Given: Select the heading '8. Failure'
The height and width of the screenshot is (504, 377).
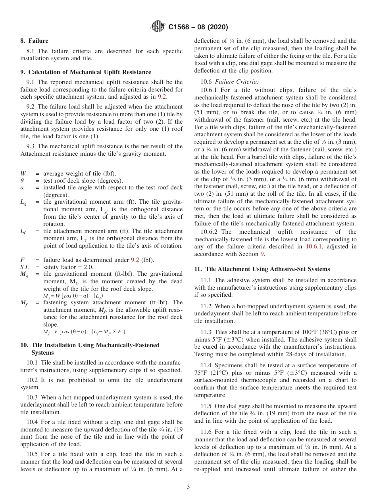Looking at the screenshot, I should [34, 41].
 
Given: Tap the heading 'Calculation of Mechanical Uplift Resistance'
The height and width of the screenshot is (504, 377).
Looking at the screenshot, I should [90, 72].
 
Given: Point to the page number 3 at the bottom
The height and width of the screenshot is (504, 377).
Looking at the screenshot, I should [188, 487].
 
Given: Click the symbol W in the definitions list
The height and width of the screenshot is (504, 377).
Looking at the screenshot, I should [23, 174].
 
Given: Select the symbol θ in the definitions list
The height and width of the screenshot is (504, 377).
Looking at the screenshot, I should [22, 181].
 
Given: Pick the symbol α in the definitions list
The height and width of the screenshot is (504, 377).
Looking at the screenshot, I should [22, 188].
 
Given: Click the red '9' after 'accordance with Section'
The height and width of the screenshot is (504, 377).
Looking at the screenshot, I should [262, 254].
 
